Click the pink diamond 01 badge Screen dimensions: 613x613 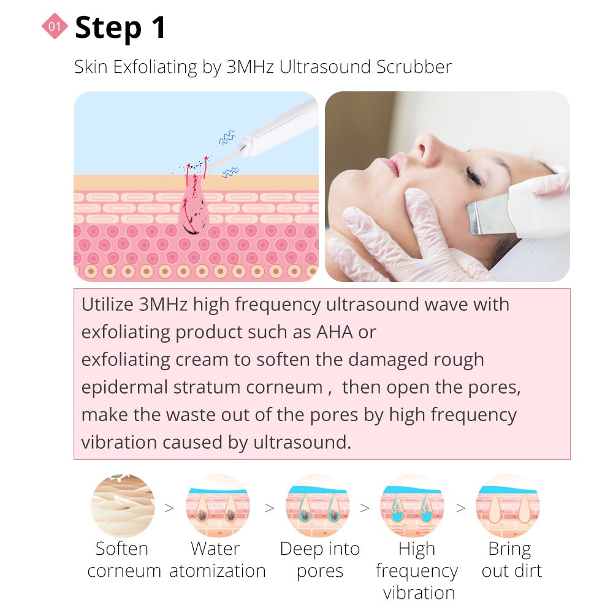(x=55, y=26)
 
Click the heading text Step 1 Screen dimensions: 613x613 (x=120, y=28)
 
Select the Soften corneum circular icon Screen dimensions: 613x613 (x=123, y=506)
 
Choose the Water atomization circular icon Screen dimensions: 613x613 (x=218, y=506)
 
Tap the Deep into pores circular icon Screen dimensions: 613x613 (x=318, y=506)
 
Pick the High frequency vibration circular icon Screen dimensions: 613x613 (x=413, y=506)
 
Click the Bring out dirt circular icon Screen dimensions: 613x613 (x=508, y=506)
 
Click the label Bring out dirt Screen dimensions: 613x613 (x=511, y=560)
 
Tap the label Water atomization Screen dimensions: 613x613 (x=218, y=560)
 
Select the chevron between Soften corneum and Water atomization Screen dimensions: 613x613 (x=169, y=508)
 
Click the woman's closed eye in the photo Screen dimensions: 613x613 (x=474, y=177)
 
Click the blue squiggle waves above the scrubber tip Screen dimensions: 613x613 (x=227, y=137)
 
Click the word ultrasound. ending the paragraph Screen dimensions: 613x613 (x=302, y=442)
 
